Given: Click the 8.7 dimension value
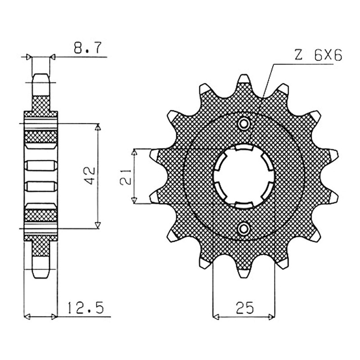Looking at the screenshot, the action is tap(87, 48).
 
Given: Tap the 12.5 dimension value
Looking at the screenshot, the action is tap(86, 308).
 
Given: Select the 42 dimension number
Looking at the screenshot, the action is tap(90, 175).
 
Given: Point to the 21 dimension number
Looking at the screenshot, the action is tap(126, 177).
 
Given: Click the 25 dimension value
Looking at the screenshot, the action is tap(245, 308).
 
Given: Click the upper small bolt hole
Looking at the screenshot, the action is tap(243, 124).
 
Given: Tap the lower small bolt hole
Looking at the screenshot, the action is tap(243, 229).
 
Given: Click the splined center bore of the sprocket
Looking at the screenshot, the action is tap(244, 176).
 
